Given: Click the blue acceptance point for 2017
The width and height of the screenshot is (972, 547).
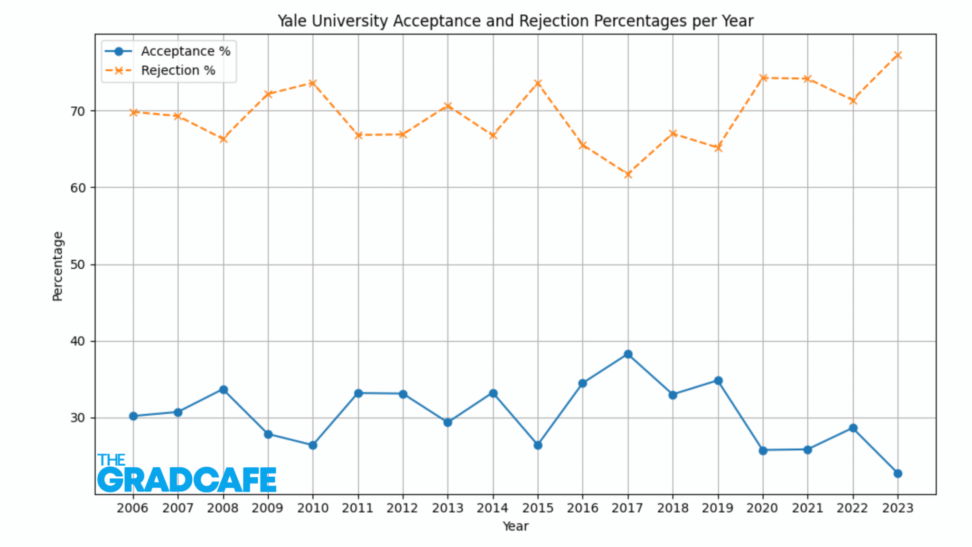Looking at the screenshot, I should click(628, 354).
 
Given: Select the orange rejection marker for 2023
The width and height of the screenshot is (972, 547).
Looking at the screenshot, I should click(897, 56).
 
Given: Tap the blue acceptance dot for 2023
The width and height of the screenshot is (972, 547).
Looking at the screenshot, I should click(897, 473).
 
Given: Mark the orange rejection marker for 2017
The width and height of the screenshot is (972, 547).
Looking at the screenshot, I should click(628, 175).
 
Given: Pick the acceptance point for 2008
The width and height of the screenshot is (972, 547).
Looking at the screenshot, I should click(223, 390).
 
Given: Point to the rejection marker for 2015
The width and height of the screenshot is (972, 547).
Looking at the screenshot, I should click(538, 84).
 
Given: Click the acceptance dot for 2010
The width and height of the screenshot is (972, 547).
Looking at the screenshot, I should click(313, 445).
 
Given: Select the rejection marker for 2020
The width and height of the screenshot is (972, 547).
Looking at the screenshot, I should click(763, 78).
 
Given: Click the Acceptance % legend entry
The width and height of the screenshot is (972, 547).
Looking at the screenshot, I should click(185, 51).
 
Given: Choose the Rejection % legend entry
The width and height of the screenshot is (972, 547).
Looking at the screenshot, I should click(178, 71).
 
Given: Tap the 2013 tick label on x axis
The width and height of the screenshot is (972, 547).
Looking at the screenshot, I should click(447, 508).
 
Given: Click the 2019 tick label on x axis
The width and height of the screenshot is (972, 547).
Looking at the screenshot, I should click(717, 508).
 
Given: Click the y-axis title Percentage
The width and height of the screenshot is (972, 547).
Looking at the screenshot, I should click(57, 266).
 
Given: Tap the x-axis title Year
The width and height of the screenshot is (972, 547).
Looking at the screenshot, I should click(515, 526).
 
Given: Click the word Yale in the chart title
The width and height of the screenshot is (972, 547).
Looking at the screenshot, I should click(292, 21).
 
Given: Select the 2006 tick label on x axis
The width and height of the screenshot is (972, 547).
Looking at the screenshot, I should click(132, 508).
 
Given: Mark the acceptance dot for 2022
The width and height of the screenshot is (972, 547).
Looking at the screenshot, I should click(853, 428).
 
